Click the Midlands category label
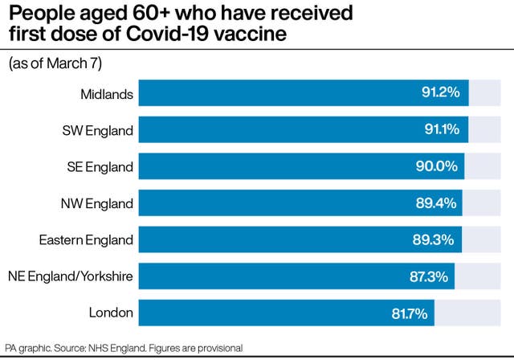106,93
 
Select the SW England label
98,130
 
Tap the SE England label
100,166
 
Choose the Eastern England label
87,239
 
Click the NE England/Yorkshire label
71,276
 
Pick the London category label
112,312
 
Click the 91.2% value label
440,93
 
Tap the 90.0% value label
436,166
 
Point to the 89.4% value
434,202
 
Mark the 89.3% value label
434,239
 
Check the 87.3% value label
426,276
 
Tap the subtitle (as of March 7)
55,63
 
